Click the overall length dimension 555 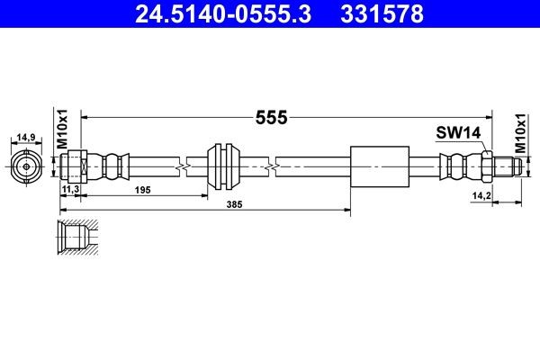pos(270,117)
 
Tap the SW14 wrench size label pos(459,132)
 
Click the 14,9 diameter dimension pos(26,137)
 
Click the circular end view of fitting pos(26,166)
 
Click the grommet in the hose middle pos(221,166)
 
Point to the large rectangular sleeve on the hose pos(377,166)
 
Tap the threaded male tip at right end pos(506,166)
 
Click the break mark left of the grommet pos(184,166)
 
